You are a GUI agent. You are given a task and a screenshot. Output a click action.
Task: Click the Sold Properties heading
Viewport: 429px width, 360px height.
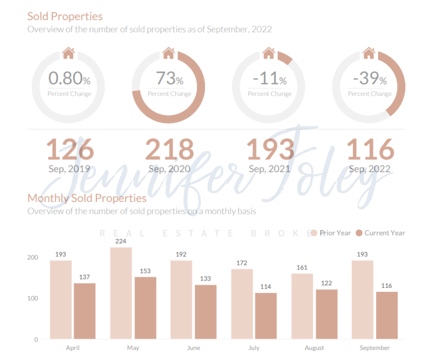(x=65, y=16)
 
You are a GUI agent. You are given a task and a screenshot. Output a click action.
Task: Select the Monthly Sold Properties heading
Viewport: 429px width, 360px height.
(x=87, y=198)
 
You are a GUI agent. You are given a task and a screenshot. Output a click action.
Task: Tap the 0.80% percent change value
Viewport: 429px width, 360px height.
(x=69, y=79)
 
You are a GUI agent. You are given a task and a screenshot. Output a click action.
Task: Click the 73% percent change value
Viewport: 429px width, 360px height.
(x=169, y=79)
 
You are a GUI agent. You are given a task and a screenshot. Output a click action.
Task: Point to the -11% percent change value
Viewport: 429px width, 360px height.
(x=270, y=79)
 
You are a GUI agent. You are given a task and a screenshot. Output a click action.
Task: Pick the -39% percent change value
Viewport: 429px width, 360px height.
(x=370, y=79)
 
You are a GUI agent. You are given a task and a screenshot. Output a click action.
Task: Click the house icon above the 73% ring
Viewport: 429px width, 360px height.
(x=168, y=53)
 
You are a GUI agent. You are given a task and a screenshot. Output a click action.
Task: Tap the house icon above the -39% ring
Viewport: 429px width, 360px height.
(x=369, y=53)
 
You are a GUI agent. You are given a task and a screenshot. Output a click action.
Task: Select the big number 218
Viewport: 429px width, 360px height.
(x=169, y=149)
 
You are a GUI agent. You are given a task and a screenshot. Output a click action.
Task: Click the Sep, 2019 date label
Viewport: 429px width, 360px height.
(x=69, y=169)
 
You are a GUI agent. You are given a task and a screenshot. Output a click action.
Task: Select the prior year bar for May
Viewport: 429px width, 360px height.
(x=121, y=293)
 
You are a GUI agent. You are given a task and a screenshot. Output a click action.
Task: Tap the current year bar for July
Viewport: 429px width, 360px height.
(x=266, y=316)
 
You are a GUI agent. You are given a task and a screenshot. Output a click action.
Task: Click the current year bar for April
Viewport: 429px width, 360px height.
(x=84, y=311)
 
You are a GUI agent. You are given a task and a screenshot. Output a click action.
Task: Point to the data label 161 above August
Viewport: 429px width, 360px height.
(x=302, y=267)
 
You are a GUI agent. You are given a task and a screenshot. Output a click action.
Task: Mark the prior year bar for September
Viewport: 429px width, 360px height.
(x=362, y=300)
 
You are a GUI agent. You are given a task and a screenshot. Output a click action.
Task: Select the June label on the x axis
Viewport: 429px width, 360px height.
(x=194, y=348)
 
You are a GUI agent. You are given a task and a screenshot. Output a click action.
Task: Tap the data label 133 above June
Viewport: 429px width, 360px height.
(x=205, y=278)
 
